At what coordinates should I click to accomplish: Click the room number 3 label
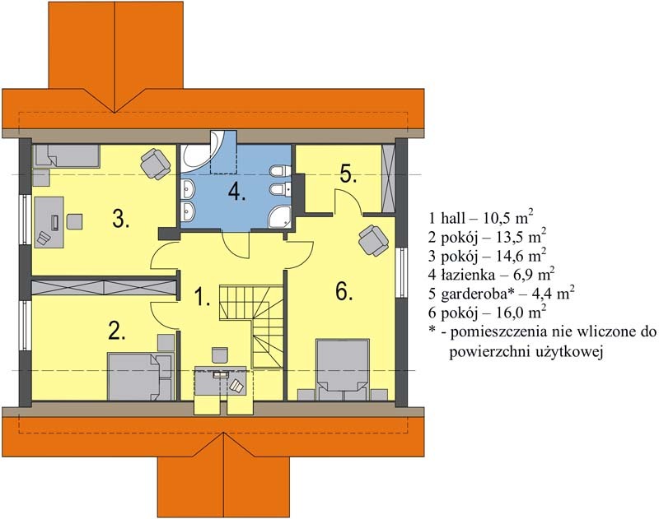tap(120, 218)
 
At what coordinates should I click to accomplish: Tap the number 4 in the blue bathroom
tap(237, 192)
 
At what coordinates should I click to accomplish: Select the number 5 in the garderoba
tap(348, 174)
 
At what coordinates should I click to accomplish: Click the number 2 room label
tap(117, 331)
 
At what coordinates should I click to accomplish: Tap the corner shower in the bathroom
tap(279, 216)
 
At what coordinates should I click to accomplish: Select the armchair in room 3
tap(156, 164)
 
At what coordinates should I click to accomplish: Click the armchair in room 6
tap(373, 240)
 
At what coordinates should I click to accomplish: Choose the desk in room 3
tap(49, 222)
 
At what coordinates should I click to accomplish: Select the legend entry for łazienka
tap(491, 275)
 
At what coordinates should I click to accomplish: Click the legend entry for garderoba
tap(502, 294)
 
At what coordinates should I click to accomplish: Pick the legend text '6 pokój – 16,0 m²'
tap(487, 313)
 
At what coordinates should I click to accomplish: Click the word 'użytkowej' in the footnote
tap(569, 351)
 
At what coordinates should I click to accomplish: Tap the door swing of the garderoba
tap(348, 202)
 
